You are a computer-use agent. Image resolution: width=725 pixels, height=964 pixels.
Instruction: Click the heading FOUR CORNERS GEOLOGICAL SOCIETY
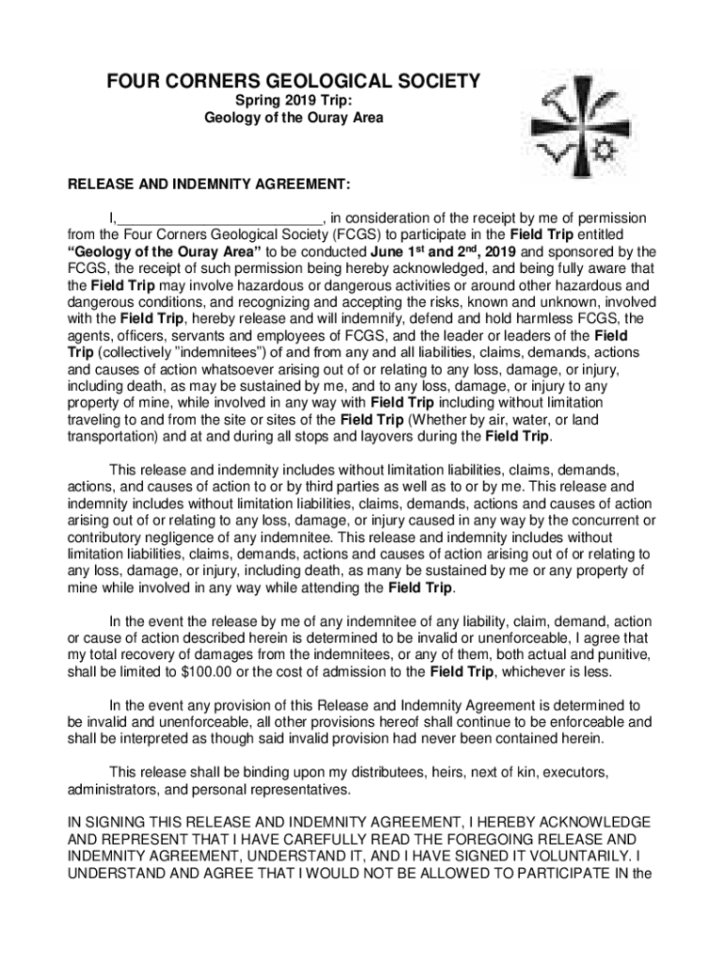click(294, 82)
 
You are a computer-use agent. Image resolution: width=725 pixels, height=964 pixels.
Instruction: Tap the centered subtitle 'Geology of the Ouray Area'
click(294, 119)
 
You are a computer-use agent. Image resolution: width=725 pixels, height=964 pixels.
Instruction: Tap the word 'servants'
click(188, 336)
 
